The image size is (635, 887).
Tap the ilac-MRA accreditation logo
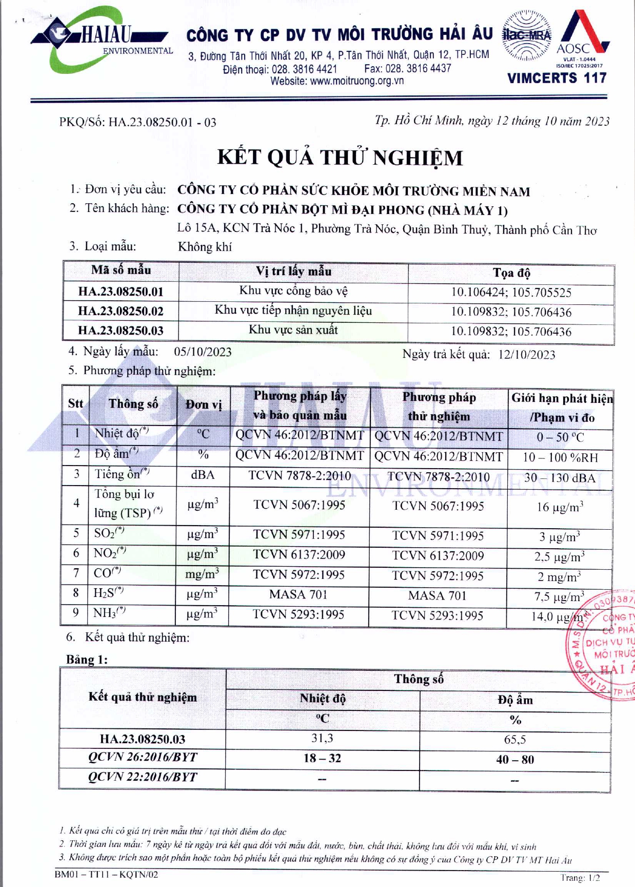526,35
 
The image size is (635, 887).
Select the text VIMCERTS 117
557,79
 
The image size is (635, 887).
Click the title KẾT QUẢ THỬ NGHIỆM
340,158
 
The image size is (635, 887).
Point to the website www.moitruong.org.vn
337,81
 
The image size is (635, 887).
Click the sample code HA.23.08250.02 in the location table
121,311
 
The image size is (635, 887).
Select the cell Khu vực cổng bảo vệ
293,291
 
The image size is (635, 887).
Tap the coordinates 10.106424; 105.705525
511,293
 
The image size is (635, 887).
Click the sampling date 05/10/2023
203,352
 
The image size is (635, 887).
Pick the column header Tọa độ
511,273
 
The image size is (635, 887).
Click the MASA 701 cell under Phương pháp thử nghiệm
438,595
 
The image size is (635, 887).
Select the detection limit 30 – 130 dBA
560,478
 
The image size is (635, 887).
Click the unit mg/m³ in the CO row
202,574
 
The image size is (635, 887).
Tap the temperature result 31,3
322,738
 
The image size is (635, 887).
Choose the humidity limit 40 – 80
514,759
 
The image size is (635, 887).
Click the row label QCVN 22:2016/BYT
143,777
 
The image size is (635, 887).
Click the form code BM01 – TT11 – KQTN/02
106,874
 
